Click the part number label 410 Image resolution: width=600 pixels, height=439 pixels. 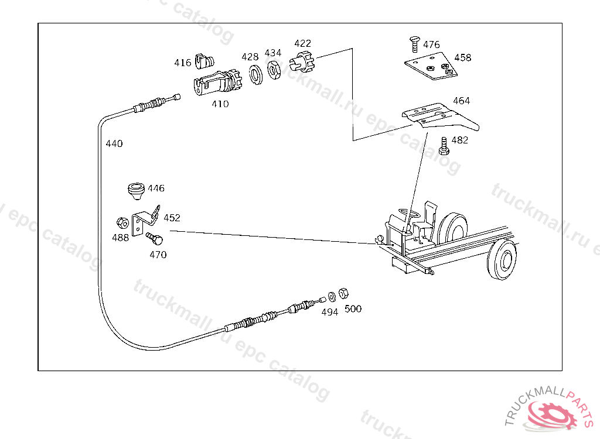click(220, 104)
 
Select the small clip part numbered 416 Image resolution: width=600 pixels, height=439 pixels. click(204, 61)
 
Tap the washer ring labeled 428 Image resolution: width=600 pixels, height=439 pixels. click(255, 74)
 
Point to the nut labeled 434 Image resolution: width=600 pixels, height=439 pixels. click(274, 70)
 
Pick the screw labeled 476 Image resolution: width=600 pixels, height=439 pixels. click(415, 43)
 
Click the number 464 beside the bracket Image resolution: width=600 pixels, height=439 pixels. click(461, 101)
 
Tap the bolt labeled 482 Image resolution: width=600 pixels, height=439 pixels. click(444, 146)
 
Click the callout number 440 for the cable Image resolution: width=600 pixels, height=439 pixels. click(114, 143)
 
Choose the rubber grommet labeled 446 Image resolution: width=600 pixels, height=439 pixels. click(136, 191)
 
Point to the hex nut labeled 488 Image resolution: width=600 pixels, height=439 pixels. click(122, 222)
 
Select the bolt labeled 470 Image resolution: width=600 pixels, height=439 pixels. click(155, 239)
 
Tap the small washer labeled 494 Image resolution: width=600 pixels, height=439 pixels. click(332, 297)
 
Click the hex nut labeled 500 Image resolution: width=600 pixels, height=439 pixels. click(343, 293)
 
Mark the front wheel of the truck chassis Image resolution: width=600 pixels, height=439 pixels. click(502, 260)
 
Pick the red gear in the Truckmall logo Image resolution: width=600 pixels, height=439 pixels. click(552, 414)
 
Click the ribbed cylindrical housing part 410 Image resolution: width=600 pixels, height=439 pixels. click(218, 83)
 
